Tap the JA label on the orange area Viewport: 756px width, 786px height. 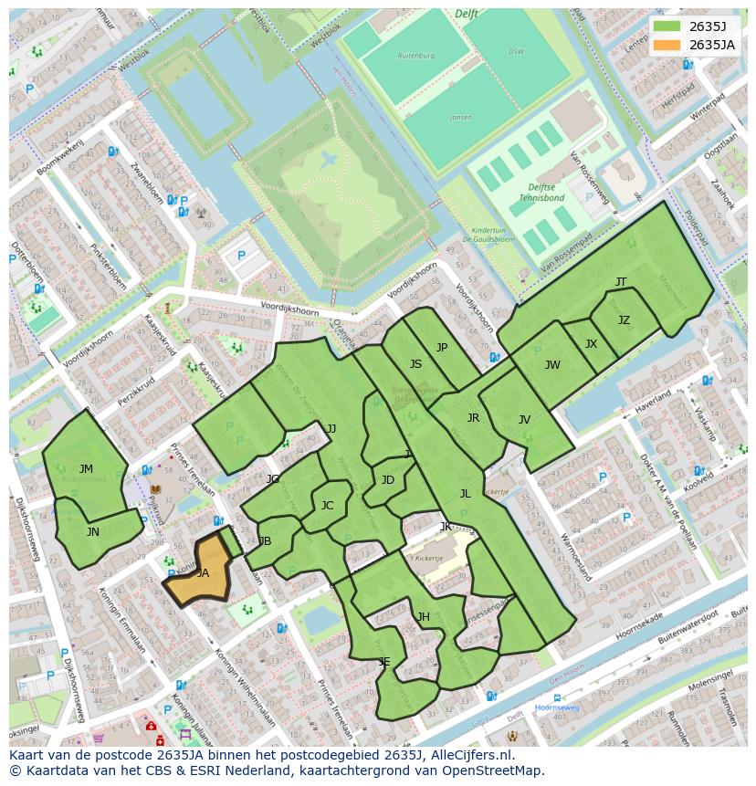pos(203,573)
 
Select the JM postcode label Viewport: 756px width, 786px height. pos(86,469)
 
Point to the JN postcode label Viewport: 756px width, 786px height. pos(93,531)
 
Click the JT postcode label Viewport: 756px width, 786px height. pos(621,282)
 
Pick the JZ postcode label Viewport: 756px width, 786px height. pos(624,320)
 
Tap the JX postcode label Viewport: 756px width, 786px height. pos(591,344)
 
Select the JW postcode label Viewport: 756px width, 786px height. pos(552,365)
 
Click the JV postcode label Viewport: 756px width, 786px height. pos(524,420)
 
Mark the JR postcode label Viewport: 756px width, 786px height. pos(473,418)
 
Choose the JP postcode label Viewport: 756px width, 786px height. pos(442,348)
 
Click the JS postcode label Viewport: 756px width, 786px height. pos(415,364)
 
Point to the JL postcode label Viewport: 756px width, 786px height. pos(465,494)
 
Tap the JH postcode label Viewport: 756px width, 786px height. pos(424,617)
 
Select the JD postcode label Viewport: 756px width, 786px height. pos(388,480)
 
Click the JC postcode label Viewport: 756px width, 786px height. pos(327,506)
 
